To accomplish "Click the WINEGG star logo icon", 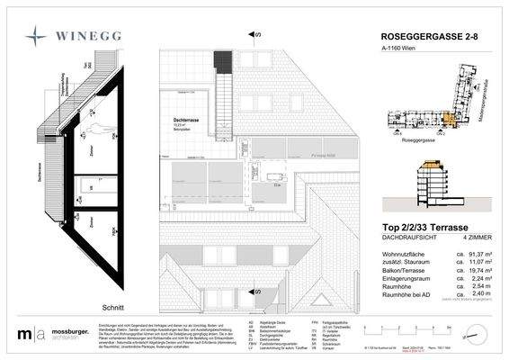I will pos(33,36).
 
